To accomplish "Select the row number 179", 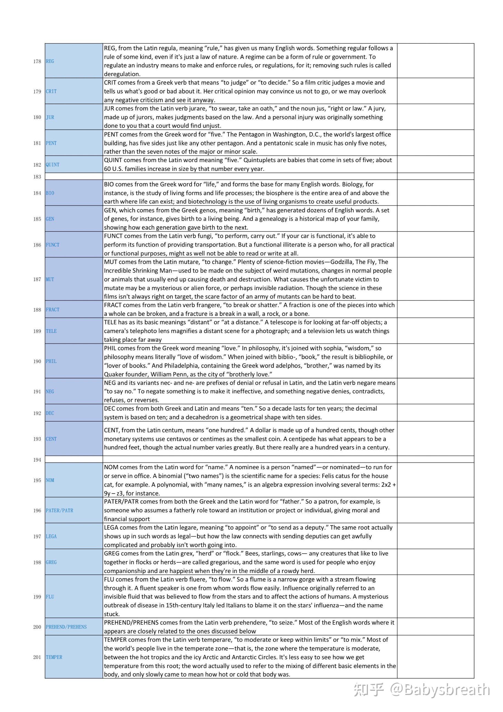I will point(37,91).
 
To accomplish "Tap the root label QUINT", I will point(52,165).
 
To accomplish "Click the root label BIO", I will point(50,193).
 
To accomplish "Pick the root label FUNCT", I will point(52,245).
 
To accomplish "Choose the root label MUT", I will point(50,279).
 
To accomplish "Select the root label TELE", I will point(51,331).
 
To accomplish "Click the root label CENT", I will point(51,439).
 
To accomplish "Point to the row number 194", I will point(37,460).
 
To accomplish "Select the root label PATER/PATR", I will point(60,510).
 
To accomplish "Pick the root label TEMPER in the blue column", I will point(54,657).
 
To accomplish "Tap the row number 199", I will point(37,597).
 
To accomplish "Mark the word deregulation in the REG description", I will point(122,74).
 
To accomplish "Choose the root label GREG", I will point(51,562).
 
